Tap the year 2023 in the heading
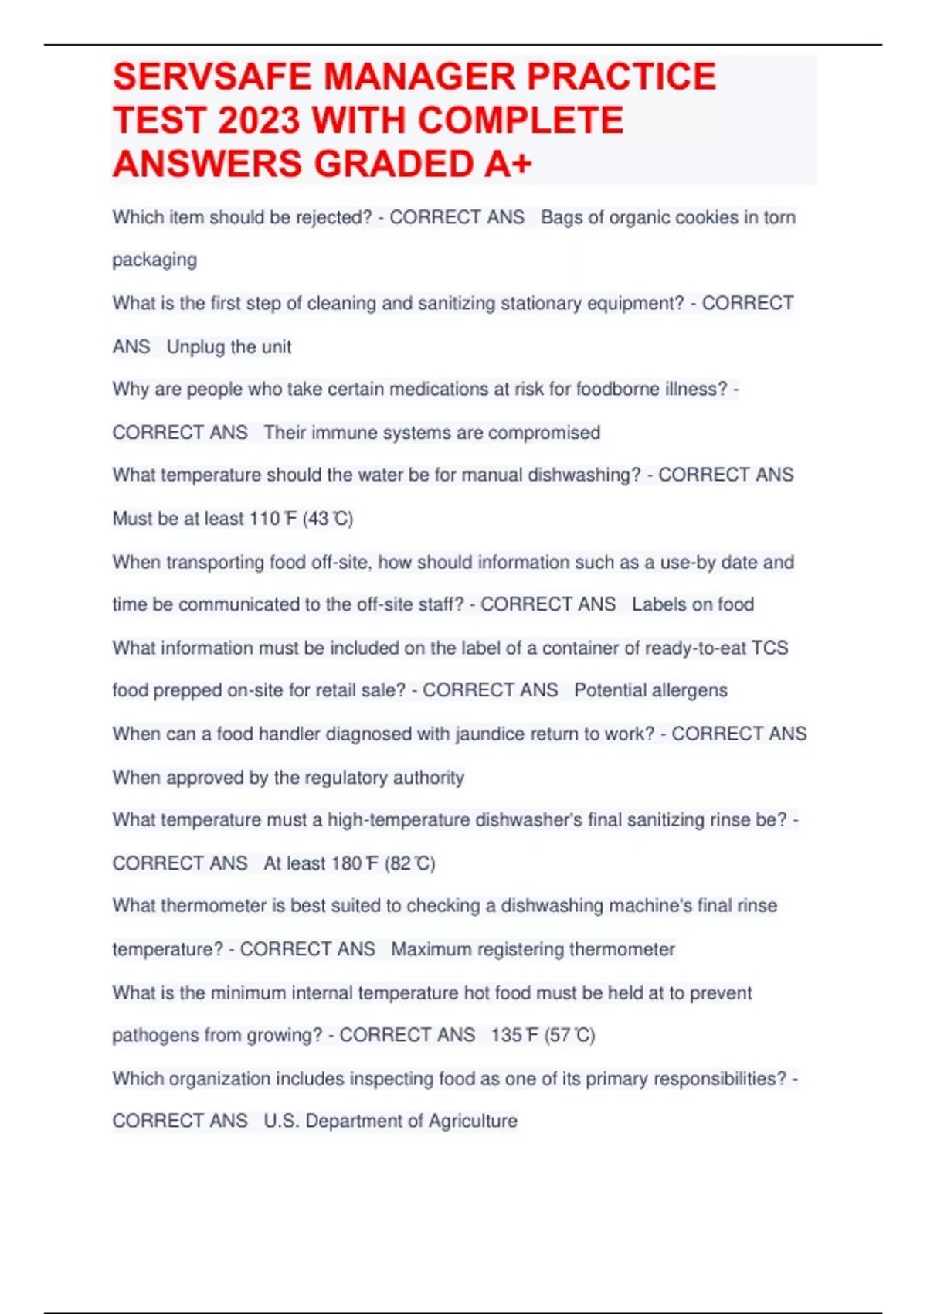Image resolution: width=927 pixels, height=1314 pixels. [258, 121]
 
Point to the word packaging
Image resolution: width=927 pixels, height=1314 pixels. [154, 260]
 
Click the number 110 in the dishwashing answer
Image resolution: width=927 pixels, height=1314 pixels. [264, 519]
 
